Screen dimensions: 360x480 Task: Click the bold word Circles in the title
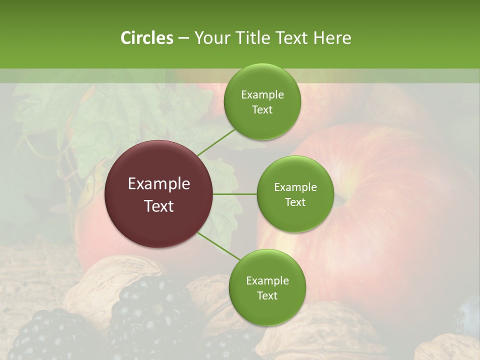click(146, 38)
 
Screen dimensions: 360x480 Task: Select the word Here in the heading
click(332, 38)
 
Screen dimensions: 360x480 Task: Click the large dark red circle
click(159, 194)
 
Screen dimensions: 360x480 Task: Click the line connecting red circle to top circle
click(216, 141)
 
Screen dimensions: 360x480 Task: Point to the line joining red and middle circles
click(235, 194)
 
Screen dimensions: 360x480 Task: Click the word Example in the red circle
click(159, 184)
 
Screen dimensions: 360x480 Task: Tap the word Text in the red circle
click(159, 206)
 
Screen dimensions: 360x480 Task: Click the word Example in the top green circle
click(262, 95)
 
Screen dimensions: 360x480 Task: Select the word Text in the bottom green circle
click(267, 295)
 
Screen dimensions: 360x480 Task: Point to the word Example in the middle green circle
click(295, 187)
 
